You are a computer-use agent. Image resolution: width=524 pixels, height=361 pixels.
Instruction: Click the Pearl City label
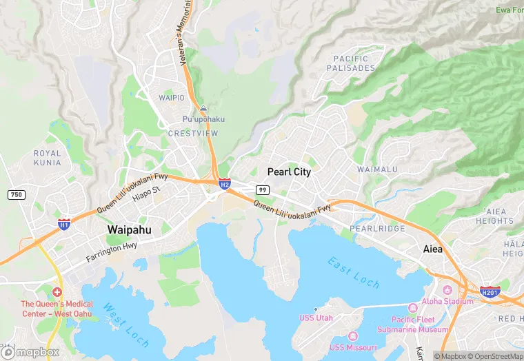tap(288, 172)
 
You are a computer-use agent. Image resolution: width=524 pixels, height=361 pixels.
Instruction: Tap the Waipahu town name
tap(129, 229)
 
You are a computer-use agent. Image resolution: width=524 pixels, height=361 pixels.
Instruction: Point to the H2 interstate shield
tap(225, 184)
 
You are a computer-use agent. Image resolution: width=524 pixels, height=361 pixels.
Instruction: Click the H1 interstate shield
tap(63, 225)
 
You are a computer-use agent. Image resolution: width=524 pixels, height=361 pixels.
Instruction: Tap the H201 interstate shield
tap(490, 292)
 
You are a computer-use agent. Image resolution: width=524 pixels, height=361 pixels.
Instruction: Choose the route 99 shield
tap(262, 189)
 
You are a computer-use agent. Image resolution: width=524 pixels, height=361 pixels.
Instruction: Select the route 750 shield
tap(17, 195)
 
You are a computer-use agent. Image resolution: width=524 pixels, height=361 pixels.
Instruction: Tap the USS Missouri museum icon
tap(352, 336)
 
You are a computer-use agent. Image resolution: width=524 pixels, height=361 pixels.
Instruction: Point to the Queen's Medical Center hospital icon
tap(57, 292)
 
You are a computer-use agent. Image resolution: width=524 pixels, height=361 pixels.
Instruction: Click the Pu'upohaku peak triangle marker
tap(203, 109)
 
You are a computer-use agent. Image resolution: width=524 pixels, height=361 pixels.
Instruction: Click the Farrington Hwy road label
tap(112, 251)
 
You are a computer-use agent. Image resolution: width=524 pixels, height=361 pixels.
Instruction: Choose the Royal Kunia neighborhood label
tap(48, 158)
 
